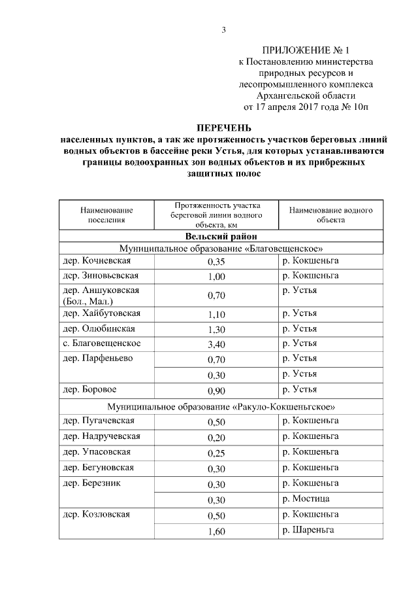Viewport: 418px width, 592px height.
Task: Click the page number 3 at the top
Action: pos(223,29)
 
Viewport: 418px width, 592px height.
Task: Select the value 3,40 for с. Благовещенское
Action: pos(216,344)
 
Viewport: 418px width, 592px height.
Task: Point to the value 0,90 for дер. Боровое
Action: pos(216,391)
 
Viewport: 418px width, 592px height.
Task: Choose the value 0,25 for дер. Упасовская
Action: pos(216,453)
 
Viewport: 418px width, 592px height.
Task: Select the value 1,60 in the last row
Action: pos(216,531)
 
